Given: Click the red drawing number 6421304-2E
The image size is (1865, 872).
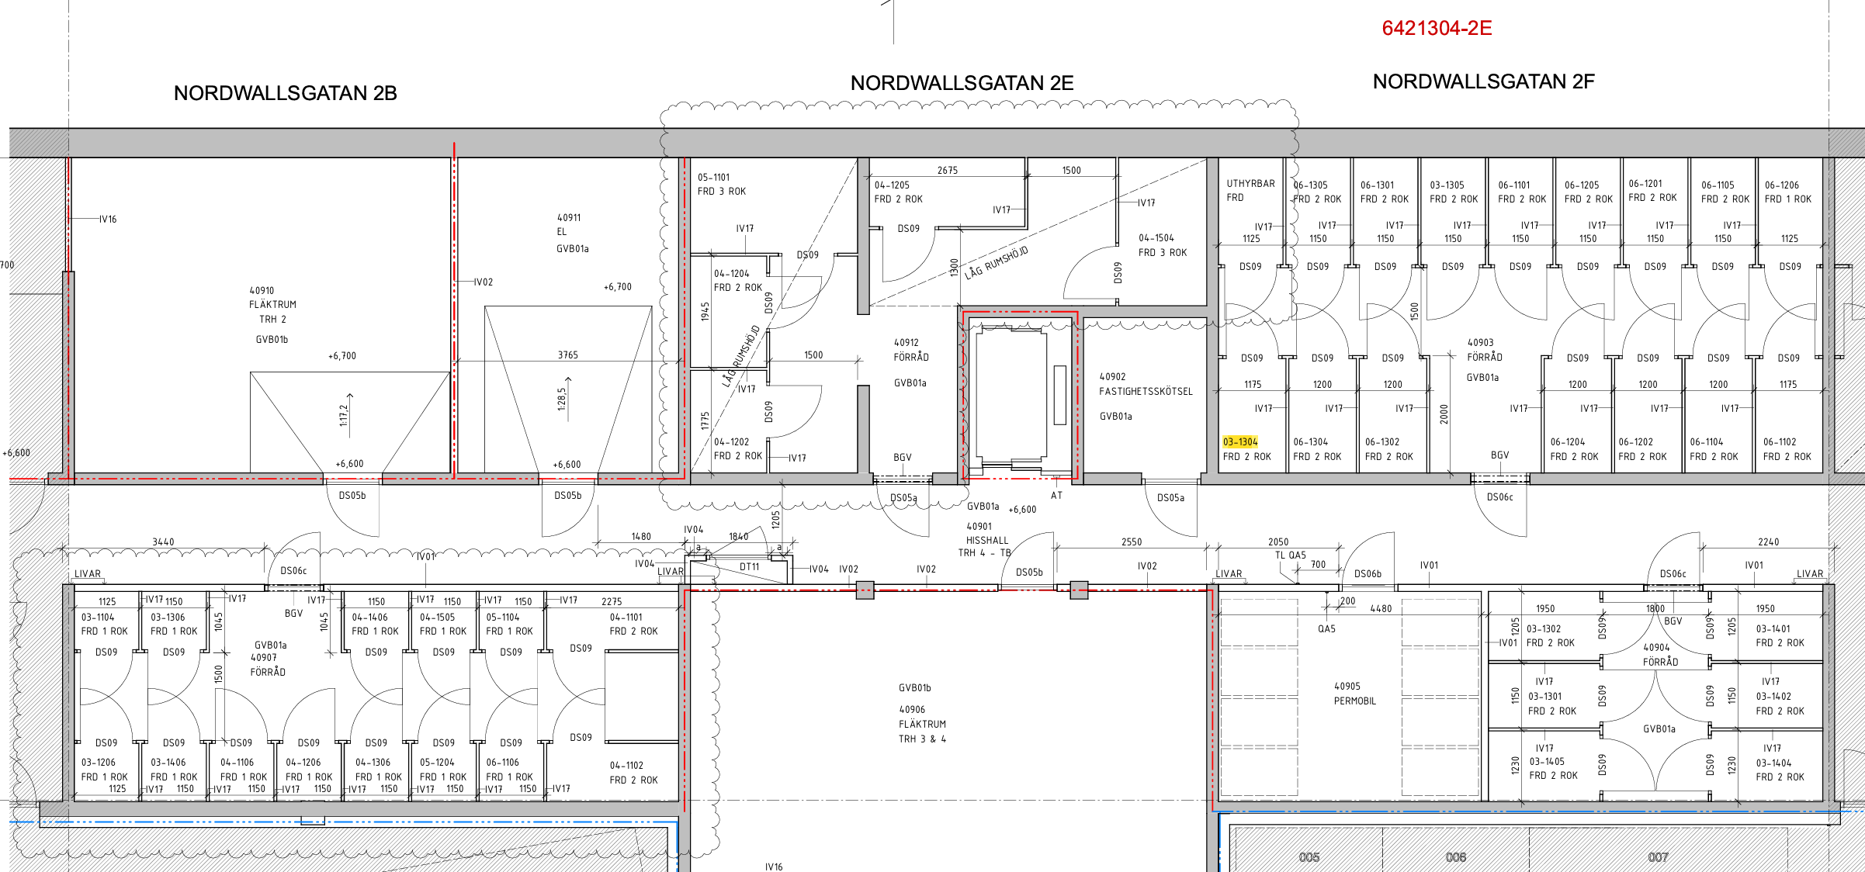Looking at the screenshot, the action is [x=1437, y=28].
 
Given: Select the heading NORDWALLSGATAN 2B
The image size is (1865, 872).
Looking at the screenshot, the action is [x=285, y=93].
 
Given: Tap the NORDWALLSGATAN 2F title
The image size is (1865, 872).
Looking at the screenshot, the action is [x=1483, y=81].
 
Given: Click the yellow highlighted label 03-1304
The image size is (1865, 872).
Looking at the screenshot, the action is [x=1240, y=441].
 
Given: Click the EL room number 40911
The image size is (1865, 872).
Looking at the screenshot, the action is [x=569, y=218].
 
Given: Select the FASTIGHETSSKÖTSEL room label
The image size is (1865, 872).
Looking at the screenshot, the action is [x=1146, y=392].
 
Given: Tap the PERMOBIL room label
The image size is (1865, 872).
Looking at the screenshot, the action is [x=1355, y=701].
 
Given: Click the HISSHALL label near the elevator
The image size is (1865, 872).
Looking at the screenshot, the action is [x=987, y=541].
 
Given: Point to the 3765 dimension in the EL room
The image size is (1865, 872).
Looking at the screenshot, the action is [x=568, y=355].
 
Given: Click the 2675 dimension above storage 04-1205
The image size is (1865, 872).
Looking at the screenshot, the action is [x=948, y=171].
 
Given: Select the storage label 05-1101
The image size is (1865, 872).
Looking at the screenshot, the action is [x=713, y=178].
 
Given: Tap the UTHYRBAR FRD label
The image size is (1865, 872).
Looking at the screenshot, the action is [x=1250, y=191].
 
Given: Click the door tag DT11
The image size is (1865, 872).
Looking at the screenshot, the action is [x=749, y=567].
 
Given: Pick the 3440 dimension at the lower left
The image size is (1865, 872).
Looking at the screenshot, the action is [x=163, y=542].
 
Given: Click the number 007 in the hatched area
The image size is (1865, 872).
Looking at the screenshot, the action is [x=1658, y=857].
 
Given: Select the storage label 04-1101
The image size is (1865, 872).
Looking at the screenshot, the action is [x=626, y=618].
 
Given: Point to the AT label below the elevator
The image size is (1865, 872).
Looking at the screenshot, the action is [x=1056, y=496].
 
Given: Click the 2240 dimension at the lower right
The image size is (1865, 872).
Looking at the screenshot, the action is [x=1769, y=542].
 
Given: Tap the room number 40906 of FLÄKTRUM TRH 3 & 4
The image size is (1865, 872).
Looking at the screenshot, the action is [x=912, y=710].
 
